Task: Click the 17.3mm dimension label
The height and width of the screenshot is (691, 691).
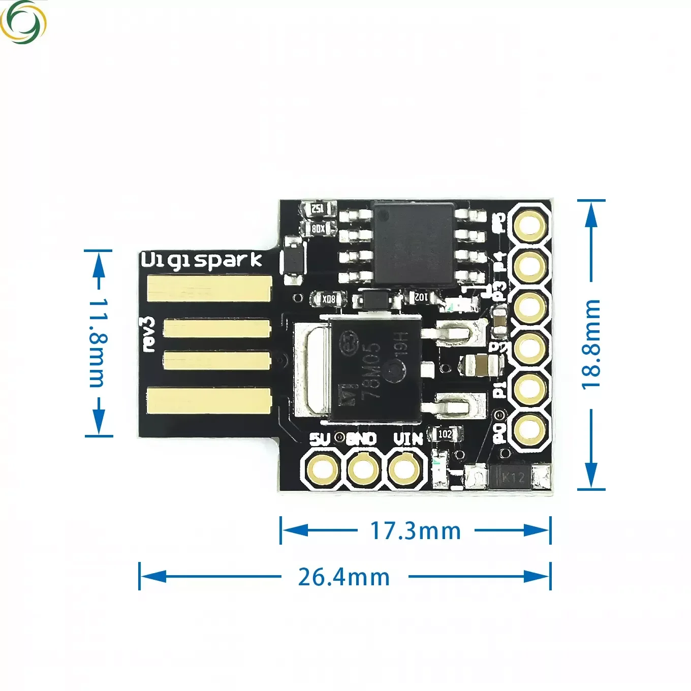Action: (416, 531)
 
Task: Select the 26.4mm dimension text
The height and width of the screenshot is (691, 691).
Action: (344, 577)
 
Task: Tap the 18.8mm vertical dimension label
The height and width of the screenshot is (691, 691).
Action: (591, 344)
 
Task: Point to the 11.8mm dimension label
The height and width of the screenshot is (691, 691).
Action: (97, 342)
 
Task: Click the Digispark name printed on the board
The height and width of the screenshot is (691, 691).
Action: (201, 260)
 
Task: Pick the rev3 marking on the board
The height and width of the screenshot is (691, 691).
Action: (148, 334)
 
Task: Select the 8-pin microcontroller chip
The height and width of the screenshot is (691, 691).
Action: (414, 242)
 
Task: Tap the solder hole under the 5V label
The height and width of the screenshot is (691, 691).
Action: (321, 469)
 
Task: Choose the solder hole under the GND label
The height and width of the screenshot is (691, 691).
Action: (363, 469)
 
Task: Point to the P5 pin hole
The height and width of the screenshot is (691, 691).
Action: (530, 225)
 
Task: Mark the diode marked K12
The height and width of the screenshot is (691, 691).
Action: (513, 477)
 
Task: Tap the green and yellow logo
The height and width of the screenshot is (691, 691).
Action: (23, 22)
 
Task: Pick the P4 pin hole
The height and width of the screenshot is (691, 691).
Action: (530, 265)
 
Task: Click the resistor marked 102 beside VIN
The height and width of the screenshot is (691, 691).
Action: (445, 434)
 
